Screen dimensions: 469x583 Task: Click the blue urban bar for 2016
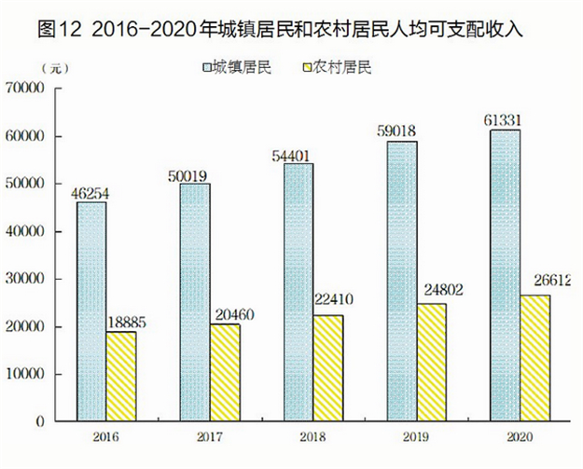pos(90,311)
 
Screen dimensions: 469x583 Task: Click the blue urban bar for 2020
pos(505,275)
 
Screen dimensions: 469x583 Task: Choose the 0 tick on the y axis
pos(41,421)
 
